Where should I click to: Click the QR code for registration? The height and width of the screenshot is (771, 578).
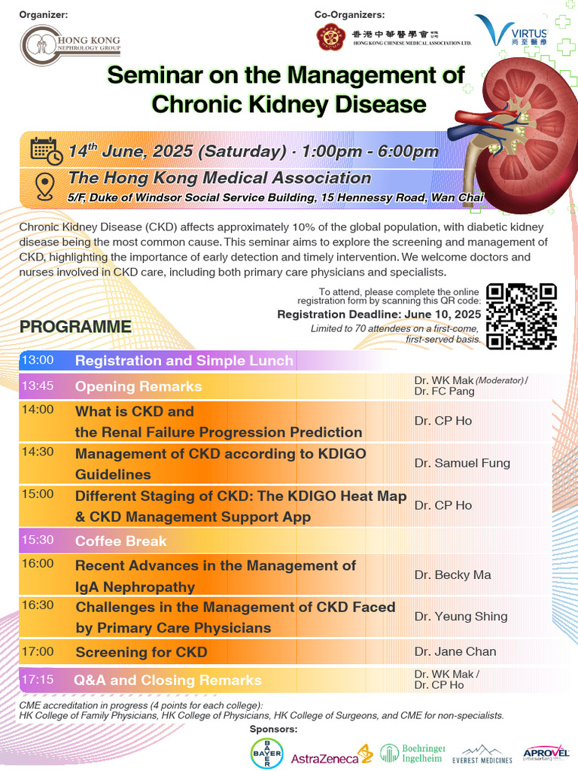click(522, 317)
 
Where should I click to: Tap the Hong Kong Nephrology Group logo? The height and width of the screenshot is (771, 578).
click(69, 46)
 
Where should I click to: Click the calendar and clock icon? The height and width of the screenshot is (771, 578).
click(46, 151)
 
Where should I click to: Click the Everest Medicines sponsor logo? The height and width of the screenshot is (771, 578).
click(487, 755)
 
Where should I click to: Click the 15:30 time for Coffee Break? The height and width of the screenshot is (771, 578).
click(38, 540)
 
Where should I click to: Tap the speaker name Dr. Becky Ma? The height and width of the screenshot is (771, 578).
click(452, 574)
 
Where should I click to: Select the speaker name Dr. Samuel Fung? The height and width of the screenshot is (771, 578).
click(462, 463)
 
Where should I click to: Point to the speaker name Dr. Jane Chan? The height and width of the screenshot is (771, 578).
click(455, 651)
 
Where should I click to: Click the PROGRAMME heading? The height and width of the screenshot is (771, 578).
click(75, 327)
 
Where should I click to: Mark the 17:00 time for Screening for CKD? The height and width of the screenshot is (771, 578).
click(38, 651)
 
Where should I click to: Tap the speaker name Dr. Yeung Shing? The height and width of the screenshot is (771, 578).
click(461, 616)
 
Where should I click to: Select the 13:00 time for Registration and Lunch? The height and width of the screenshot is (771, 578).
click(38, 361)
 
